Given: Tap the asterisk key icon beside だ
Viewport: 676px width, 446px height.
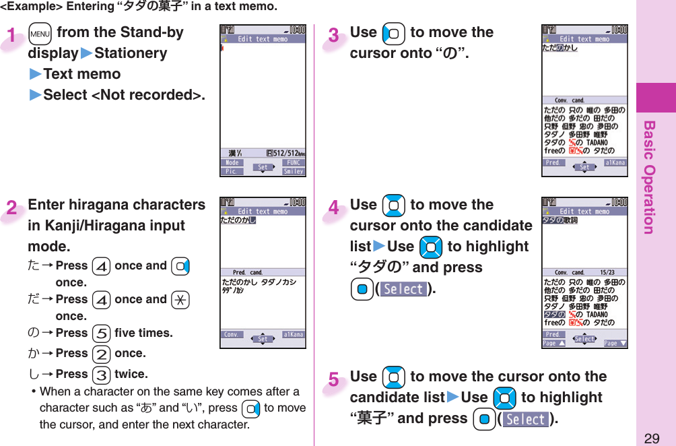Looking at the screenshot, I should coord(178,300).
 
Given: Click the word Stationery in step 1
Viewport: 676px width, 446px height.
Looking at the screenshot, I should coord(131,53).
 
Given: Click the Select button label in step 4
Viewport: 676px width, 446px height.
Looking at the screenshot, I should coord(403,289).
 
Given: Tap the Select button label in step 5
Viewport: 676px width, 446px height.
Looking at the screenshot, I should coord(527,419).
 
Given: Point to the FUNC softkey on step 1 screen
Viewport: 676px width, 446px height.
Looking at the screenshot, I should coord(294,163).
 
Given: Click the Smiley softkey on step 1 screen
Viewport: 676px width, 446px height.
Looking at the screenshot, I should coord(294,172).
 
